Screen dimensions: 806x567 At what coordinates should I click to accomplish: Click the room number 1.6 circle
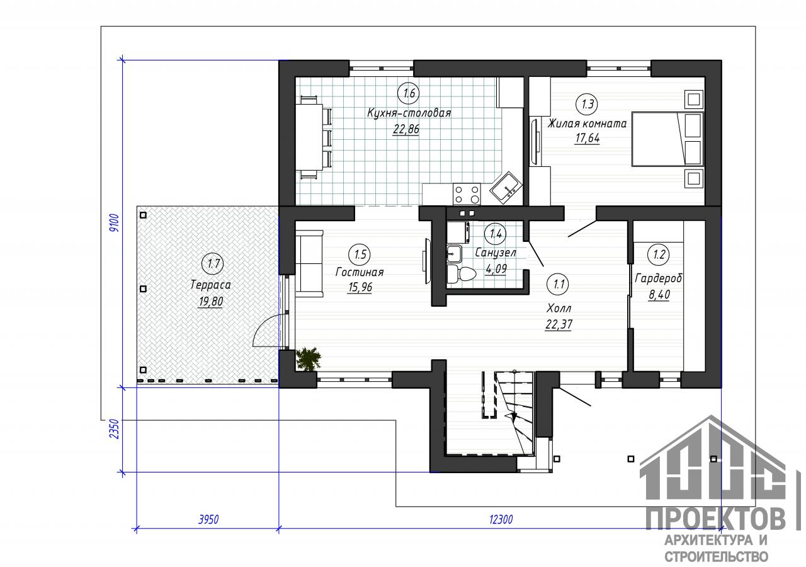[x=409, y=93]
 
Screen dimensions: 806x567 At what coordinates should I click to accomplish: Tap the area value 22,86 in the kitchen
[x=406, y=129]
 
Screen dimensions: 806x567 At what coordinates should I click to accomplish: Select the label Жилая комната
[x=587, y=123]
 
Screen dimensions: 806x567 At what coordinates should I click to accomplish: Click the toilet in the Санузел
[x=462, y=273]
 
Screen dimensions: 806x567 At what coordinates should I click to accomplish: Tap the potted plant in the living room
[x=309, y=358]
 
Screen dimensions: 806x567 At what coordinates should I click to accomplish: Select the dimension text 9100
[x=114, y=223]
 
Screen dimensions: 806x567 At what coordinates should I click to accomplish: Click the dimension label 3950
[x=208, y=520]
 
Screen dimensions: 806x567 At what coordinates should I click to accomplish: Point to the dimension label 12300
[x=501, y=520]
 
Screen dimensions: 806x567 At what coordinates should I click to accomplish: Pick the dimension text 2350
[x=114, y=429]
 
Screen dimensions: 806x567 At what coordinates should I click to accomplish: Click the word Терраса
[x=210, y=285]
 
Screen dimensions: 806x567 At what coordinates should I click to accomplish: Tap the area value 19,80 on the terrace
[x=210, y=301]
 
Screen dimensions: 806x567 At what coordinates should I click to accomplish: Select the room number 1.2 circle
[x=659, y=255]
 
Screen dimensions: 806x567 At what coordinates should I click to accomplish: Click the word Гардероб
[x=659, y=278]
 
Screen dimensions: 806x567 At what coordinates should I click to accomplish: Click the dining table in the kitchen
[x=309, y=137]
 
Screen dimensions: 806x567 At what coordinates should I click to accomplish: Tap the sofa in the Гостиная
[x=309, y=263]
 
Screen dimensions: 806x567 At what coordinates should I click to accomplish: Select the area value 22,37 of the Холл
[x=559, y=324]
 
